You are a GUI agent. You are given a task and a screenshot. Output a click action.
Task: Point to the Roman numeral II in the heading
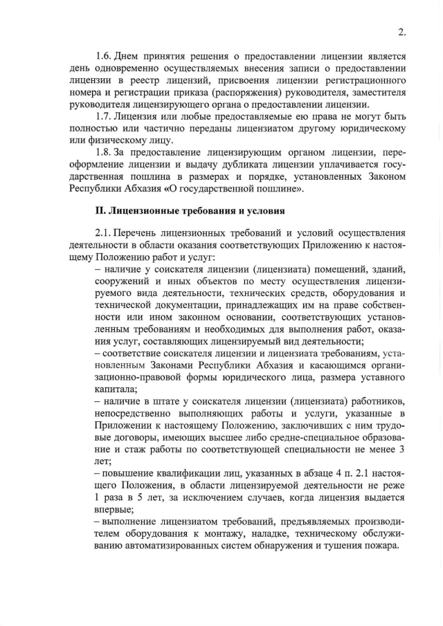99,210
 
